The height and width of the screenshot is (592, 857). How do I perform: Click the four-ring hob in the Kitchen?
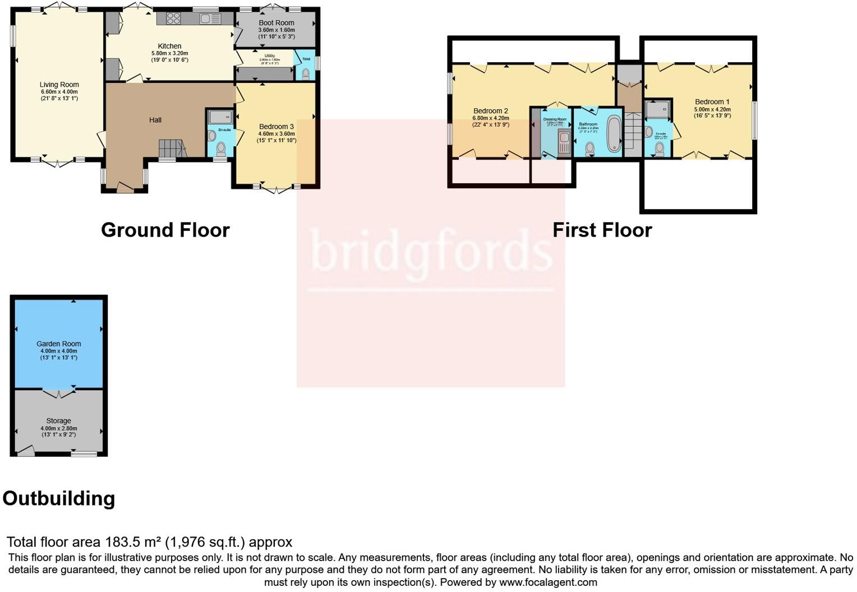coord(173,18)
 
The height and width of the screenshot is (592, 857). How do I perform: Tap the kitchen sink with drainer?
coord(210,19)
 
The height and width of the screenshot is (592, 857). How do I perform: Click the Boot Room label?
coord(277,23)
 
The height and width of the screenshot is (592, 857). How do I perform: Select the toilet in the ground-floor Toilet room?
coord(306,73)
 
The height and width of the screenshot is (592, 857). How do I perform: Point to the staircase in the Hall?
coord(172,149)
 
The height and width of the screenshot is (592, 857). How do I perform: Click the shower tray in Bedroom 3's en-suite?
coord(220,117)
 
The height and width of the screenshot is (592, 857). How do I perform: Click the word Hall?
coord(155,120)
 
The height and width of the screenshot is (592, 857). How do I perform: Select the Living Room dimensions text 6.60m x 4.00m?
coord(59,92)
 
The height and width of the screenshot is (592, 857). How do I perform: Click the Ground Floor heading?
coord(165,230)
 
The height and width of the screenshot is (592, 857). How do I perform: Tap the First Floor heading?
coord(602,230)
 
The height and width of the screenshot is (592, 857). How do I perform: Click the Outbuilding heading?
coord(59,498)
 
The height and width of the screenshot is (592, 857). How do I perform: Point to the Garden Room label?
coord(59,344)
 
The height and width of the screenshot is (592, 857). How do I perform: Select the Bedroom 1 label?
coord(712,102)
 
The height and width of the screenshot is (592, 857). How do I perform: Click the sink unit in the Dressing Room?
coord(564,141)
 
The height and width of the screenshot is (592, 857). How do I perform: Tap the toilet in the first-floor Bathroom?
coord(590,149)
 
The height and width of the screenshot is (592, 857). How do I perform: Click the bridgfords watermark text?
coord(430,251)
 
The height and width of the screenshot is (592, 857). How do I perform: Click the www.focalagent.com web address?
coord(548,582)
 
